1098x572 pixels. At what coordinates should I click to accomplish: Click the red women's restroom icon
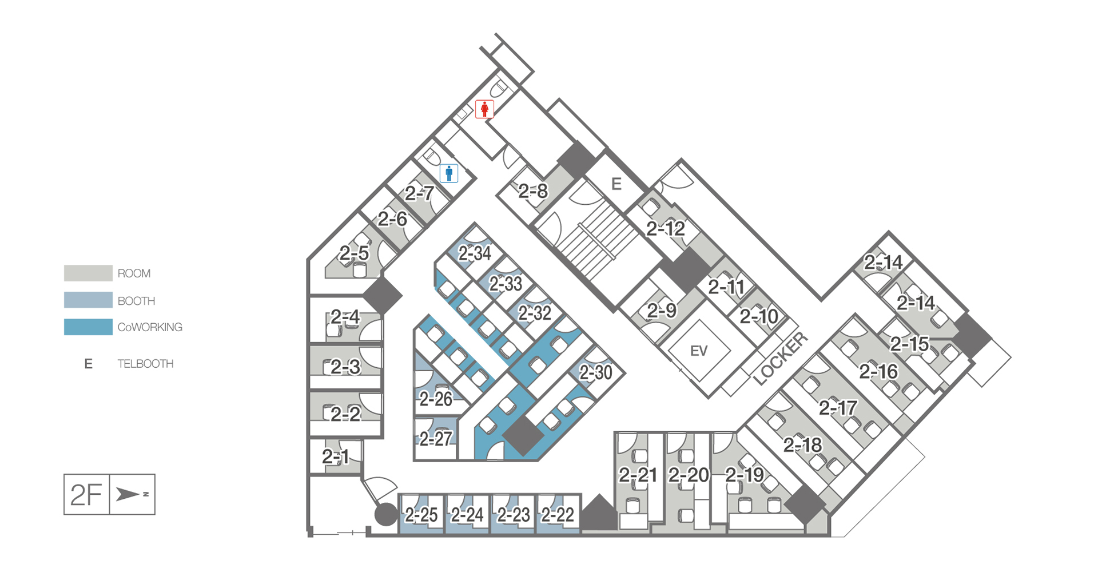(x=484, y=109)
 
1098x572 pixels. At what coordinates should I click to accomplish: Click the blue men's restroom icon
(x=449, y=173)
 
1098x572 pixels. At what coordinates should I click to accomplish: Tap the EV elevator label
(x=699, y=351)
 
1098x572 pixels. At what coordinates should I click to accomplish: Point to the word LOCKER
(x=781, y=358)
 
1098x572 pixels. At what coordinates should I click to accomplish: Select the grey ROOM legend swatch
(x=88, y=273)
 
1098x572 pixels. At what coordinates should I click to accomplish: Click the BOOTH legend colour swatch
(x=88, y=300)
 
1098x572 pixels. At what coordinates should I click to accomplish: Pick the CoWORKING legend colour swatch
(x=88, y=327)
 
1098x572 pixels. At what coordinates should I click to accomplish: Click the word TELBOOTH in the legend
(x=145, y=364)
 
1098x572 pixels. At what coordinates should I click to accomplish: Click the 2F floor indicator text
(x=86, y=495)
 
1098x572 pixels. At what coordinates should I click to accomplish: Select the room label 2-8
(x=533, y=191)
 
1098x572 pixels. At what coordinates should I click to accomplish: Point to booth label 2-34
(x=475, y=253)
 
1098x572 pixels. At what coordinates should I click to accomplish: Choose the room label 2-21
(x=638, y=474)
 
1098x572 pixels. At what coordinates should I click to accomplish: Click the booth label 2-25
(x=421, y=515)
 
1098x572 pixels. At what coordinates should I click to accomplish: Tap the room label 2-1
(x=335, y=456)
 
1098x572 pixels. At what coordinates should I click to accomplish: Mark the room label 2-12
(x=666, y=229)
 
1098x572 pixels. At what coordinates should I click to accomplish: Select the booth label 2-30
(x=596, y=373)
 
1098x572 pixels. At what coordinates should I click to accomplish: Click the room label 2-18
(x=802, y=444)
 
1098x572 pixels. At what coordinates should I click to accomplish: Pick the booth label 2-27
(x=436, y=439)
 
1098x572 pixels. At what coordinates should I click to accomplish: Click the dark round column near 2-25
(x=386, y=514)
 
